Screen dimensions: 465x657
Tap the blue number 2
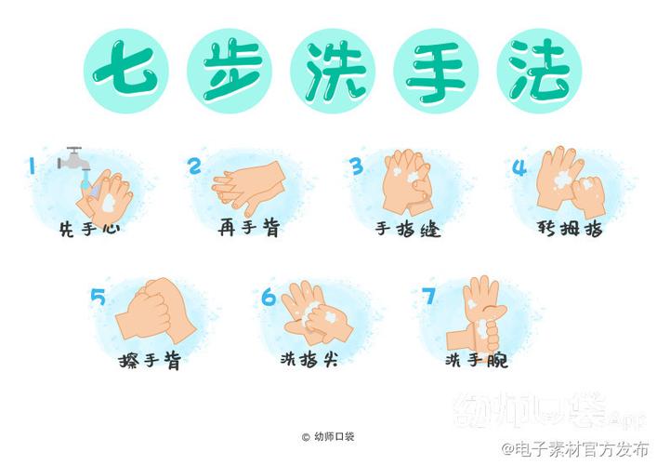pos(194,166)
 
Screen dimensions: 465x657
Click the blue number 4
pos(519,167)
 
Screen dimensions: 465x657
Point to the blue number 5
pos(99,298)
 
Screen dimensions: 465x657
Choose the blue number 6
pos(269,298)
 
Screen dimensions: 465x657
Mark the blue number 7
pos(428,297)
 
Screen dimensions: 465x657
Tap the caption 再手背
pos(248,227)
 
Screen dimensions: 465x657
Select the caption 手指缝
pos(408,229)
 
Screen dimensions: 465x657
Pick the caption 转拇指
pos(570,227)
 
